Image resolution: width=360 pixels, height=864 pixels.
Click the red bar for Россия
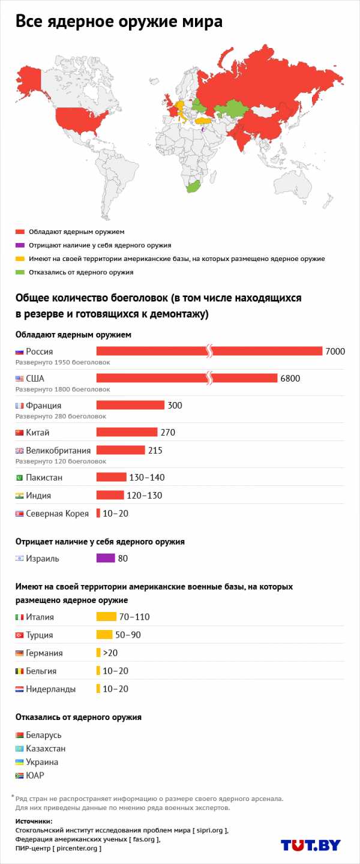point(150,351)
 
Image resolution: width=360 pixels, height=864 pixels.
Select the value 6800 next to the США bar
point(290,379)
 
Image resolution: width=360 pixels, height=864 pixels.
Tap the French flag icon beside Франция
point(19,406)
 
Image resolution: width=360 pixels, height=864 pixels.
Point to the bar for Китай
point(127,433)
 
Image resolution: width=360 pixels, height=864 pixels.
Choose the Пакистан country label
point(44,478)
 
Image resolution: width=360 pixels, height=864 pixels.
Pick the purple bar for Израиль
point(105,559)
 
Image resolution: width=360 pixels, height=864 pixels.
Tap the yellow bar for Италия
point(106,617)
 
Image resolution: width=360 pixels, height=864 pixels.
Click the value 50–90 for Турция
point(127,635)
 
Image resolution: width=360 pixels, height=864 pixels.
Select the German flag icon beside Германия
point(19,653)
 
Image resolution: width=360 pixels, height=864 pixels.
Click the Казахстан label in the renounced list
point(46,749)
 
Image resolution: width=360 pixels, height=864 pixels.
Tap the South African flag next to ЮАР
point(19,776)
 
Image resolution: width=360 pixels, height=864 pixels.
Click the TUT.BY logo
point(310,845)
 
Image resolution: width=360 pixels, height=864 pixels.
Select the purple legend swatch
point(20,245)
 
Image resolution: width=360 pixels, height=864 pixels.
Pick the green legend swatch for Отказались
point(20,272)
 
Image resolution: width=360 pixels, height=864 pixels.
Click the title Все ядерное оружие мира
point(119,22)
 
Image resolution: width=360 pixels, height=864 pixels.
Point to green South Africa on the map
point(193,187)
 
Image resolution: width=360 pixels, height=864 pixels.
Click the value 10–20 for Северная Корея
point(115,514)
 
